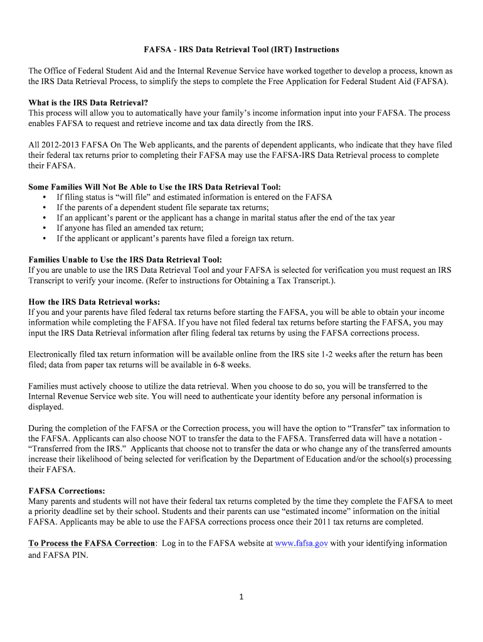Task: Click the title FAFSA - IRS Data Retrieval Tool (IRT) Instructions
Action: [x=240, y=50]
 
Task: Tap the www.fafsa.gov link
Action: [x=301, y=543]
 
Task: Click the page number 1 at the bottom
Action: [x=241, y=597]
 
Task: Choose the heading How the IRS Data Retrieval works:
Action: [x=94, y=302]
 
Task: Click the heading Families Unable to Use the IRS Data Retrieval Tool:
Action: [x=125, y=260]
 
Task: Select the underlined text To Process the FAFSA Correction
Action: [x=92, y=543]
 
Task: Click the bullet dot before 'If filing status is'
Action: [x=45, y=197]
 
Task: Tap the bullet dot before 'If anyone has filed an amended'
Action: [x=45, y=228]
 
